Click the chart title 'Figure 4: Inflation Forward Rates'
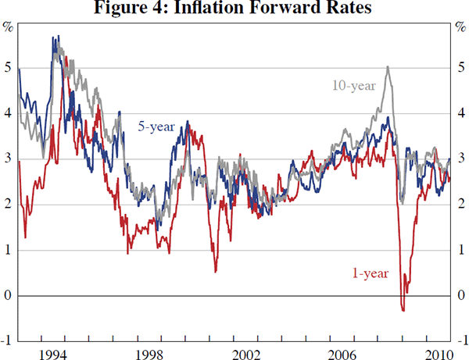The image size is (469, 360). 234,9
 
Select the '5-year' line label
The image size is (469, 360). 156,125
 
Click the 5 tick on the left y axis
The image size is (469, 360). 8,68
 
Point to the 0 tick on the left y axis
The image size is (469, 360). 8,296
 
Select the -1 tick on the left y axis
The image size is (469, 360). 6,341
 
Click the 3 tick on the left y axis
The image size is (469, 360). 8,159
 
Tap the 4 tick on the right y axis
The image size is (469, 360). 461,114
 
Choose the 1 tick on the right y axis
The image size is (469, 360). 461,251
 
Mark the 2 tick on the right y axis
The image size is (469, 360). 461,205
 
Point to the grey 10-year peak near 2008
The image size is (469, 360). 388,67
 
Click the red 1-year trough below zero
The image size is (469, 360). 403,311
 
